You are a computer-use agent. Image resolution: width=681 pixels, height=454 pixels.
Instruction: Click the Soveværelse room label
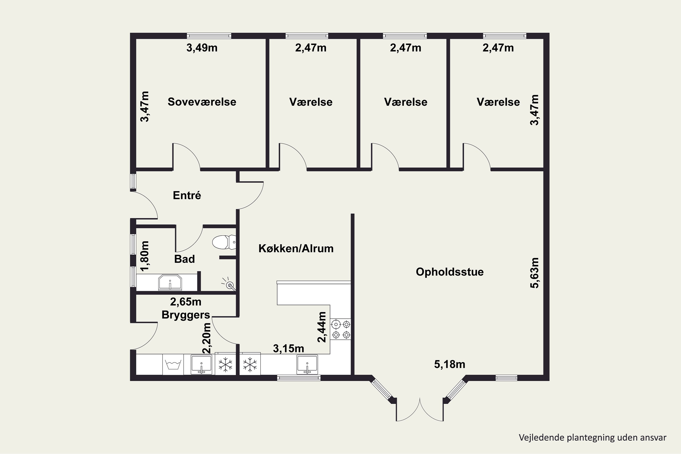202,102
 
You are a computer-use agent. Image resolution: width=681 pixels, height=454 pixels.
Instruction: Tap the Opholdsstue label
450,272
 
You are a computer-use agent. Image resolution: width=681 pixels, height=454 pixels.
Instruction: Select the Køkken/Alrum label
296,248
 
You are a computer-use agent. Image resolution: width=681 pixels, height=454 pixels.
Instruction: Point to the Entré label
187,195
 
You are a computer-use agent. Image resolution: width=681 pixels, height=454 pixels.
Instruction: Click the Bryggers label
186,315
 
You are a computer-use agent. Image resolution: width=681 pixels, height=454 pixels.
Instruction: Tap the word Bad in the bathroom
184,259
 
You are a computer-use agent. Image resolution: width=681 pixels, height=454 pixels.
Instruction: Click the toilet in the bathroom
225,242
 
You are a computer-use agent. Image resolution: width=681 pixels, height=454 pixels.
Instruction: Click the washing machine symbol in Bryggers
173,365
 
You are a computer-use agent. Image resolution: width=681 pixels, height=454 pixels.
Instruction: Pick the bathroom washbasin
170,283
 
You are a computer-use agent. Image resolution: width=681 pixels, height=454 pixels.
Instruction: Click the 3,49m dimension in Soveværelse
202,48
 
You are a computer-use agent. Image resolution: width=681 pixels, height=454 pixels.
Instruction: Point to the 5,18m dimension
450,364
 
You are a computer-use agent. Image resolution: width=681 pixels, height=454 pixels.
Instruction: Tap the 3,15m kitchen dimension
289,349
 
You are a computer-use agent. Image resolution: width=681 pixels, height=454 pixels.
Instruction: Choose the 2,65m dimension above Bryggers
186,302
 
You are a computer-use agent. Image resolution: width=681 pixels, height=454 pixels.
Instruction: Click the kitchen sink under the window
307,365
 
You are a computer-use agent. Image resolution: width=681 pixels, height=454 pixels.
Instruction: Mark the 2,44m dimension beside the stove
322,327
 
